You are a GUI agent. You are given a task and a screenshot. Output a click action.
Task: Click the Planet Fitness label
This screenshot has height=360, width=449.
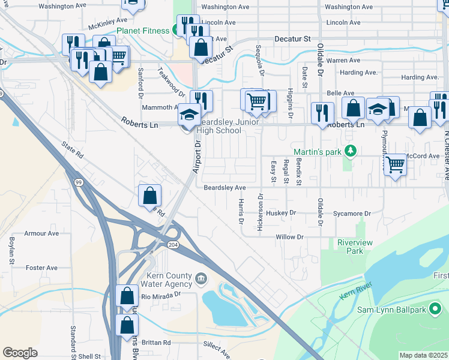pos(143,31)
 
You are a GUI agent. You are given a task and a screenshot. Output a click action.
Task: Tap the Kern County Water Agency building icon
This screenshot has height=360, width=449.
pos(200,278)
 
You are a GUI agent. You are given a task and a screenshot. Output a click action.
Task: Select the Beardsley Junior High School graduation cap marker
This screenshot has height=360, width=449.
pos(189,115)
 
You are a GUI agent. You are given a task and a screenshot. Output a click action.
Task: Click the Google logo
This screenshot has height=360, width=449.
pos(20,352)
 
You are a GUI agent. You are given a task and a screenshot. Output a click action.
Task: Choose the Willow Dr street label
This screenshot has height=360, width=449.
pos(289,237)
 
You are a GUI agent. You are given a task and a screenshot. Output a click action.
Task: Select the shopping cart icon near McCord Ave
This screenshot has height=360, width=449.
pos(395,164)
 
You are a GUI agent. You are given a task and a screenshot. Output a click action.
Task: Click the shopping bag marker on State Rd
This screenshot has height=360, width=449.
pos(149,196)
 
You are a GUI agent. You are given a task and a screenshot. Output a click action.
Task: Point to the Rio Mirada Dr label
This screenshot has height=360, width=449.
pos(161,296)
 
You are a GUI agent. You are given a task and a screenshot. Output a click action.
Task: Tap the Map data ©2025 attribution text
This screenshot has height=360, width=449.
pos(423,355)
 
